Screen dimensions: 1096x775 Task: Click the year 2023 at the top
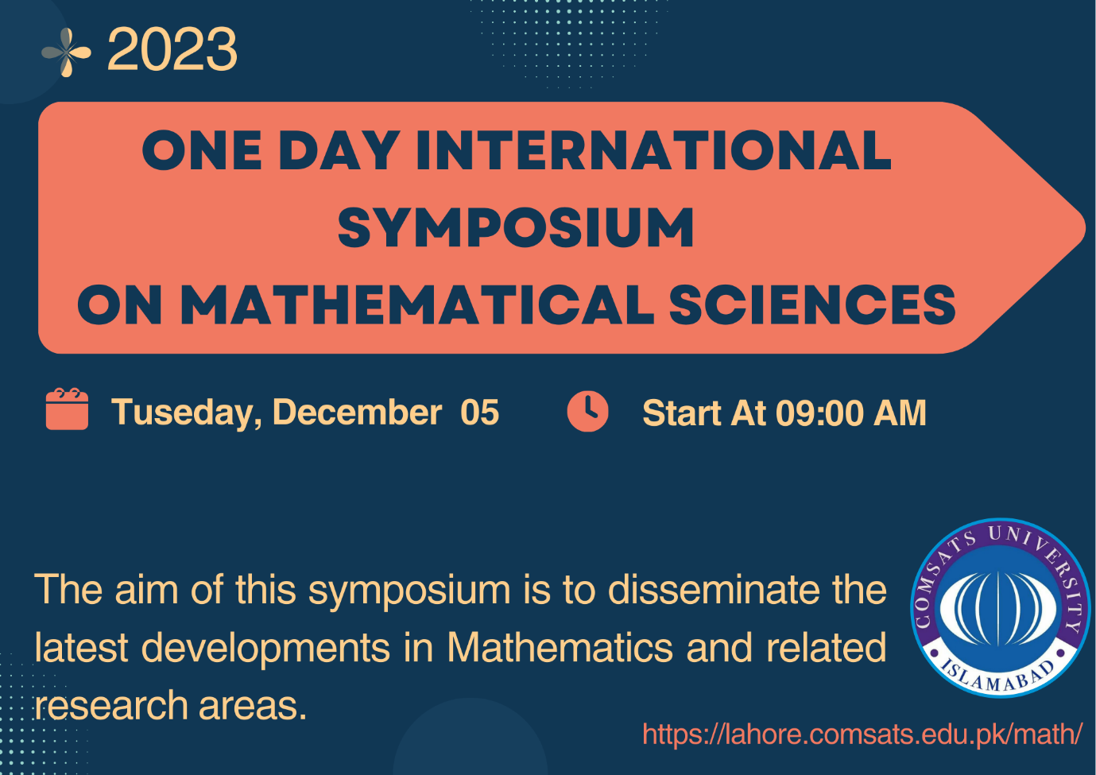[172, 49]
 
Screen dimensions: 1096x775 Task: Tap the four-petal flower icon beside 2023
[67, 52]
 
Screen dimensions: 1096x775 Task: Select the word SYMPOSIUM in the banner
[516, 227]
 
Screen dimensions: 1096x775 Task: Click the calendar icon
[67, 409]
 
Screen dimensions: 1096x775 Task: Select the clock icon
[587, 411]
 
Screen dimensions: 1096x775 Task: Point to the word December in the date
[357, 412]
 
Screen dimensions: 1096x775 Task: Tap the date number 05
[480, 412]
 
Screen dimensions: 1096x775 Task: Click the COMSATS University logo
[1000, 607]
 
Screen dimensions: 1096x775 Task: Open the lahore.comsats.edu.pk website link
[862, 734]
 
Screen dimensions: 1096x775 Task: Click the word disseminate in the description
[716, 590]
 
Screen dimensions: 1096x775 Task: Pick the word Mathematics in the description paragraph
[560, 647]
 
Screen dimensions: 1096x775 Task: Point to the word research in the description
[111, 706]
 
